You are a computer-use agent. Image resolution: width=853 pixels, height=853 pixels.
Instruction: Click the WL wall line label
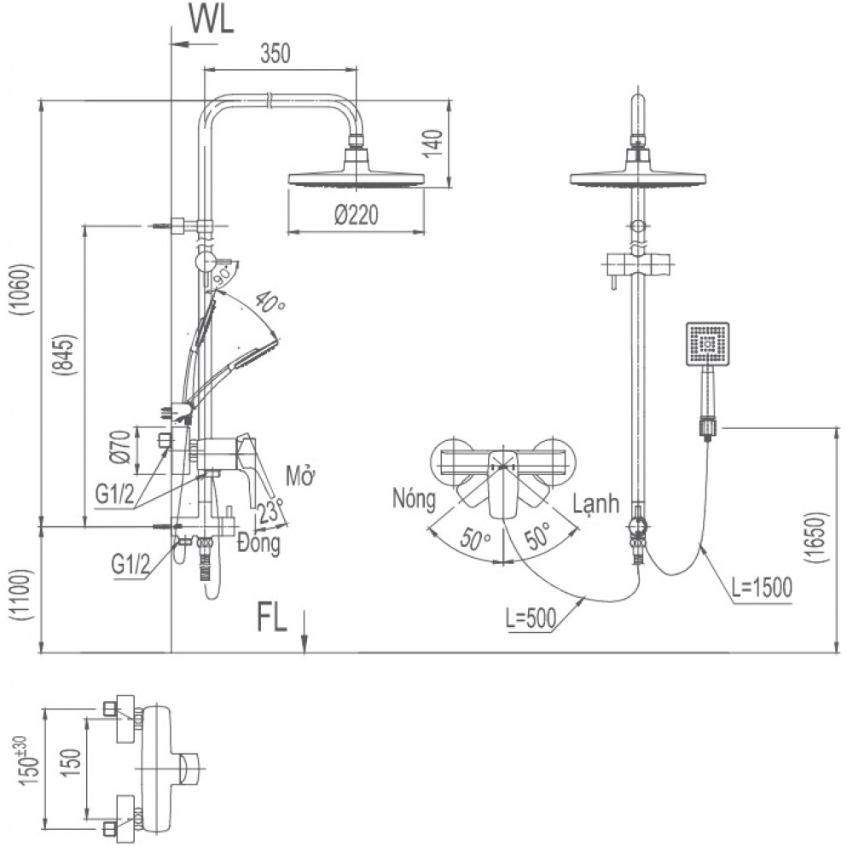(211, 21)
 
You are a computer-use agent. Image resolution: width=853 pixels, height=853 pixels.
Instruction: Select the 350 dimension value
(276, 54)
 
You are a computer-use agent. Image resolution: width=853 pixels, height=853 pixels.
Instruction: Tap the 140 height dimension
(432, 146)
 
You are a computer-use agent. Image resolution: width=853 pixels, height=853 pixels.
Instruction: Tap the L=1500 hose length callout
(762, 588)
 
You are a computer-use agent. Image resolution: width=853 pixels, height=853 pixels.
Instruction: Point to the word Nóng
(415, 496)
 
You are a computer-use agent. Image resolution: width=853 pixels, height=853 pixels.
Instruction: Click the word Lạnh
(595, 504)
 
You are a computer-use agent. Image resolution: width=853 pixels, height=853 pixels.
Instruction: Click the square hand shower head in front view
(707, 345)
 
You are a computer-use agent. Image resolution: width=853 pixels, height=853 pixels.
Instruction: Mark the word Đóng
(259, 544)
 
